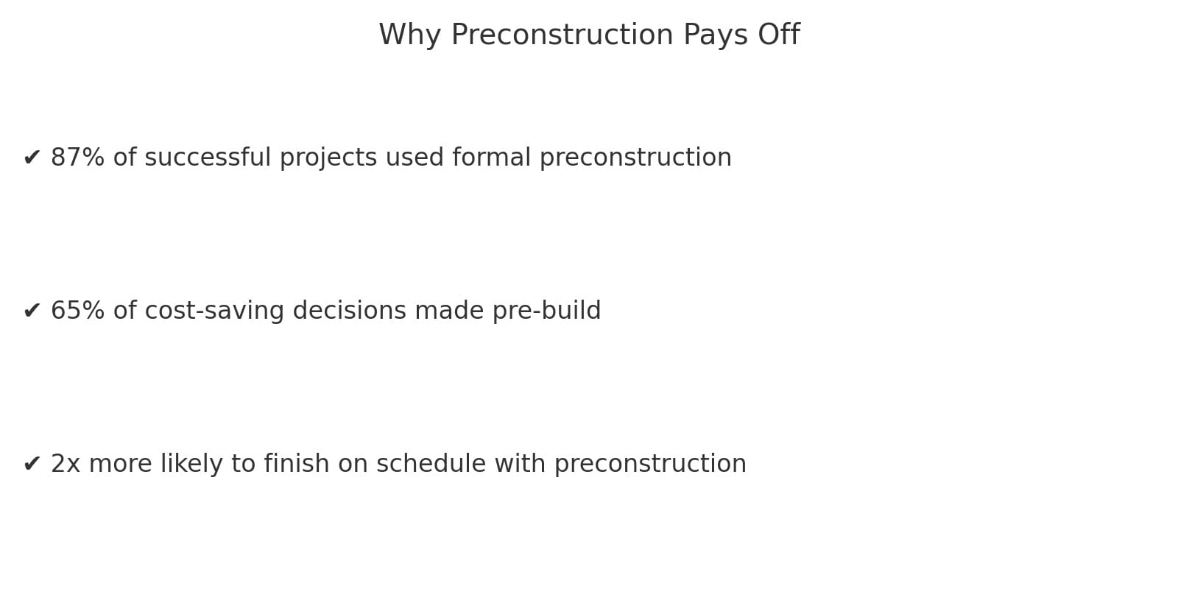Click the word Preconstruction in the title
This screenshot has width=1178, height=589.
(562, 35)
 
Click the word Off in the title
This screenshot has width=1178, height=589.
(779, 35)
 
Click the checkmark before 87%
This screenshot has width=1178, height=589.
(32, 158)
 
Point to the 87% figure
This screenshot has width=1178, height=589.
(77, 158)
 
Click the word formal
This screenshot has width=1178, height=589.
(491, 158)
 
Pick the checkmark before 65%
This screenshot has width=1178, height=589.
(32, 311)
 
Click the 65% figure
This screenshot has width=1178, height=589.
(77, 311)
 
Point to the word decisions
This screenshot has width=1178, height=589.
(349, 311)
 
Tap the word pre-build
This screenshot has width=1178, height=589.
(546, 311)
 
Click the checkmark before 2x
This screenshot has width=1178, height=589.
(32, 464)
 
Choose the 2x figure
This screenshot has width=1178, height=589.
(65, 464)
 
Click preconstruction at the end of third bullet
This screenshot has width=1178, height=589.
(650, 464)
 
